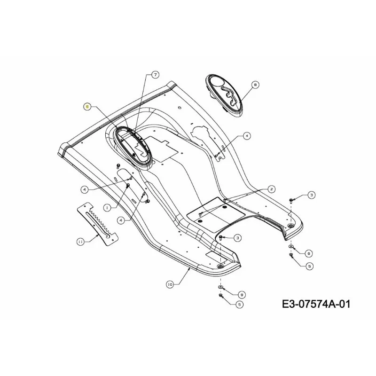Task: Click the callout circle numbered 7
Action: click(156, 75)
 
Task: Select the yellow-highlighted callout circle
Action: click(87, 107)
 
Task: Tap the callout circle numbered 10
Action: click(170, 284)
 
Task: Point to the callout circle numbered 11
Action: click(80, 242)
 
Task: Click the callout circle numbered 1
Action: click(107, 207)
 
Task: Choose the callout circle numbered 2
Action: click(272, 189)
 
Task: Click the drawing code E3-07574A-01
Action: click(316, 304)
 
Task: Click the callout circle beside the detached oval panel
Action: click(255, 85)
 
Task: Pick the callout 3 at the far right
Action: click(311, 195)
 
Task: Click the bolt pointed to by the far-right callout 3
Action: click(291, 200)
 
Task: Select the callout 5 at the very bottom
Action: click(239, 304)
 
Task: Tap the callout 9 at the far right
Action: click(309, 253)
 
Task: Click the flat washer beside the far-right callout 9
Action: click(291, 246)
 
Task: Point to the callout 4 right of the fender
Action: click(246, 136)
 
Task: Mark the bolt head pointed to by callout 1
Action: click(128, 185)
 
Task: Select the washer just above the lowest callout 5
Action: click(220, 287)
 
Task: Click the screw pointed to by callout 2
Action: click(201, 214)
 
